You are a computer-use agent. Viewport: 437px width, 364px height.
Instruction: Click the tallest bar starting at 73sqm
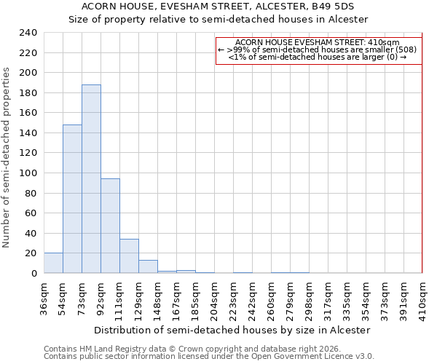click(x=91, y=179)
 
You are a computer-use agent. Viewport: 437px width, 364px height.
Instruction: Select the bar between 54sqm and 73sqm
click(x=72, y=199)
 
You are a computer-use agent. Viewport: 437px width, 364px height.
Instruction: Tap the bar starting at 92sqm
click(x=110, y=226)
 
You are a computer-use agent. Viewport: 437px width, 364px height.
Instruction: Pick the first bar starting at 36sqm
click(x=53, y=263)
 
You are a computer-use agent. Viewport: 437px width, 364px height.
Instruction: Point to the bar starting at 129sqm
click(x=148, y=266)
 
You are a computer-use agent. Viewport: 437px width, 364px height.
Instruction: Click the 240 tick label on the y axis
click(x=28, y=33)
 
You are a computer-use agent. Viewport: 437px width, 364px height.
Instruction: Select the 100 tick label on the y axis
click(x=28, y=173)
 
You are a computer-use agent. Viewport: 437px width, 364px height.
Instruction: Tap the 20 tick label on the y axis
click(x=31, y=253)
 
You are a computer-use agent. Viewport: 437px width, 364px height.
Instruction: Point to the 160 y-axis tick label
click(x=28, y=113)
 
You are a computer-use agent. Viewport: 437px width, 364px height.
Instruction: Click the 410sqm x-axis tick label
click(x=422, y=298)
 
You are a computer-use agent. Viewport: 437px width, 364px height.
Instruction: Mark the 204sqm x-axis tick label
click(x=214, y=298)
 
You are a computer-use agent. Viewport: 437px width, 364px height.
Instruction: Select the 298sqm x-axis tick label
click(x=309, y=298)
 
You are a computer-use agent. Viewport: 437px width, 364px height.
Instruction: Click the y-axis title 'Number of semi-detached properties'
click(x=7, y=157)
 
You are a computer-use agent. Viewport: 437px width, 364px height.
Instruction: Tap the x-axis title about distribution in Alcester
click(x=232, y=330)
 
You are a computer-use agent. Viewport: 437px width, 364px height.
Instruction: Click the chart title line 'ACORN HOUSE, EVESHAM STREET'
click(x=218, y=6)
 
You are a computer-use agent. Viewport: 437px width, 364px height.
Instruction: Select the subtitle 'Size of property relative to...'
click(x=218, y=19)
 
